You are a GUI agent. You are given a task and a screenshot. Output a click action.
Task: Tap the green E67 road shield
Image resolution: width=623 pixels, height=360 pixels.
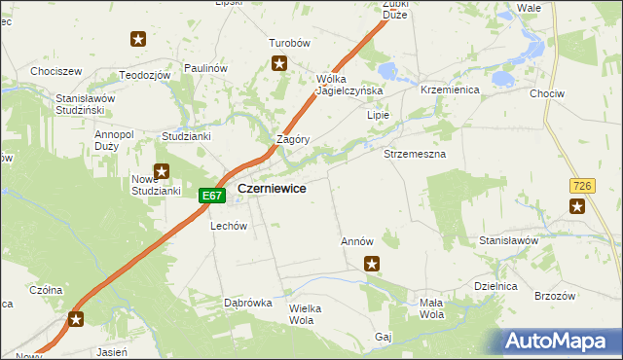click(212, 196)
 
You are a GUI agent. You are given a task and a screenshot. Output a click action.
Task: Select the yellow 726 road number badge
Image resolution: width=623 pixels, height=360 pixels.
click(582, 185)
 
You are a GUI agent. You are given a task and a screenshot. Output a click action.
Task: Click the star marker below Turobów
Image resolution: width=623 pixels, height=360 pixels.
click(279, 64)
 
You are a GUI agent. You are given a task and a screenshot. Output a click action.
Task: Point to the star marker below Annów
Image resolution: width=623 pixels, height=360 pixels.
click(371, 263)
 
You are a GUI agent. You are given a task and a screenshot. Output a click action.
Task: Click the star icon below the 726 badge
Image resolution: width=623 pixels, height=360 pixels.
click(577, 205)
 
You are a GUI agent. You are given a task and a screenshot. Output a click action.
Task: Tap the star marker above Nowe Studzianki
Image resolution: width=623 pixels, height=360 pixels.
click(163, 172)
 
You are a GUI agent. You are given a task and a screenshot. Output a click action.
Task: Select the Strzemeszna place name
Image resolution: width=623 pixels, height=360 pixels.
click(415, 155)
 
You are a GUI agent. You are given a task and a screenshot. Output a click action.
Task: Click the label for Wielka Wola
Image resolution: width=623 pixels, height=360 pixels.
click(305, 314)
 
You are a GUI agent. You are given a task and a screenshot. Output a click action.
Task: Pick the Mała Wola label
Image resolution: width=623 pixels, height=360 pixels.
click(431, 308)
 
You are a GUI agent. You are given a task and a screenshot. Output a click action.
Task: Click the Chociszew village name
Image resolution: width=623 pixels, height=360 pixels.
click(55, 72)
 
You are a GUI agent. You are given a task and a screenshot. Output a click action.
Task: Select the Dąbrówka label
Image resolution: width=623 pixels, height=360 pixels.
click(247, 303)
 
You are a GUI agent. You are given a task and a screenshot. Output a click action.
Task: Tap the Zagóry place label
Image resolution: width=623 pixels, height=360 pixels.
click(293, 139)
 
